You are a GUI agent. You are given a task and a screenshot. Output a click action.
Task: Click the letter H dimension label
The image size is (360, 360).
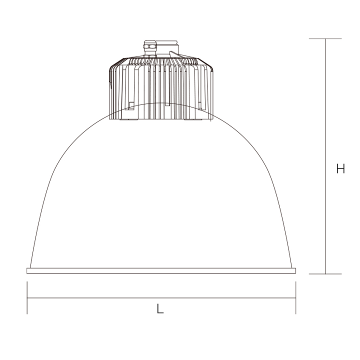340,169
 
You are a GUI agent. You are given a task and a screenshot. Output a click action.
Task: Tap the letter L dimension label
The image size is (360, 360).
160,309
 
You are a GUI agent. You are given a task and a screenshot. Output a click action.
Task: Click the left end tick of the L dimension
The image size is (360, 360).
27,298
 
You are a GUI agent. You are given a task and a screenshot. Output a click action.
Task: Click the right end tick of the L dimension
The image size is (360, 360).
296,298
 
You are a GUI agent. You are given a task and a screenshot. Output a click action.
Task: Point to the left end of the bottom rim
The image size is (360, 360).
28,271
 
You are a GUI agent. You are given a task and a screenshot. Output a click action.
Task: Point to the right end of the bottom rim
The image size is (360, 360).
294,271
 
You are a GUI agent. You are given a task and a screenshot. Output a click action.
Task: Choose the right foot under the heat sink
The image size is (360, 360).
192,119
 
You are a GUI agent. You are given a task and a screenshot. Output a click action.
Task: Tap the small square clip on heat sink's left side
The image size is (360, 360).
131,105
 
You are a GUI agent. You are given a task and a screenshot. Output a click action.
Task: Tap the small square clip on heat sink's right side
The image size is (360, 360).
201,105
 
